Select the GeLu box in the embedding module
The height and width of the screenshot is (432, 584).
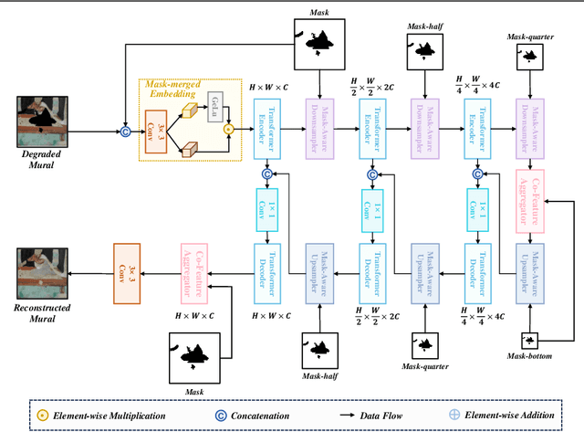(214, 103)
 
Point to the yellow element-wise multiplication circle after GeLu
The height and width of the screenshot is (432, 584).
(229, 129)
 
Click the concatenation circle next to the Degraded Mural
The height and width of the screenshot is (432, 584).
(126, 132)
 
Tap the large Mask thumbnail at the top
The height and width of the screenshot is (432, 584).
(320, 41)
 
